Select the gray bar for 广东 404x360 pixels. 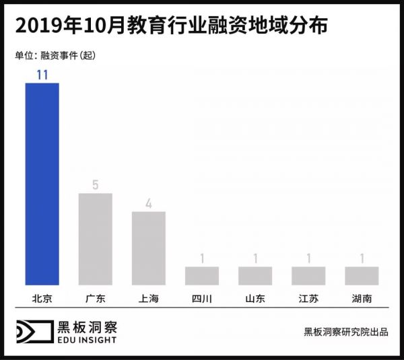(x=95, y=239)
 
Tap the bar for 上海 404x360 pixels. (x=148, y=248)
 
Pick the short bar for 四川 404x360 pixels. (x=202, y=276)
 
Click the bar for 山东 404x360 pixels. (x=255, y=276)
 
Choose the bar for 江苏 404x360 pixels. (x=308, y=276)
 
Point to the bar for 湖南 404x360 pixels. (x=362, y=276)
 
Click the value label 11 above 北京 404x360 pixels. (x=42, y=75)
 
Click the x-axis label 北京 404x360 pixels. (x=42, y=297)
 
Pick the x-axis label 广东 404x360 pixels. (x=95, y=297)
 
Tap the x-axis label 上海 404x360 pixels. (x=148, y=297)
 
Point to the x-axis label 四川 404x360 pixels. (x=202, y=297)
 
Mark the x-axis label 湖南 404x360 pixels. (x=362, y=297)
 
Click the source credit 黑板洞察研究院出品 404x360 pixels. (x=345, y=332)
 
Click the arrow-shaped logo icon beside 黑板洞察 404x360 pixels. (x=33, y=332)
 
